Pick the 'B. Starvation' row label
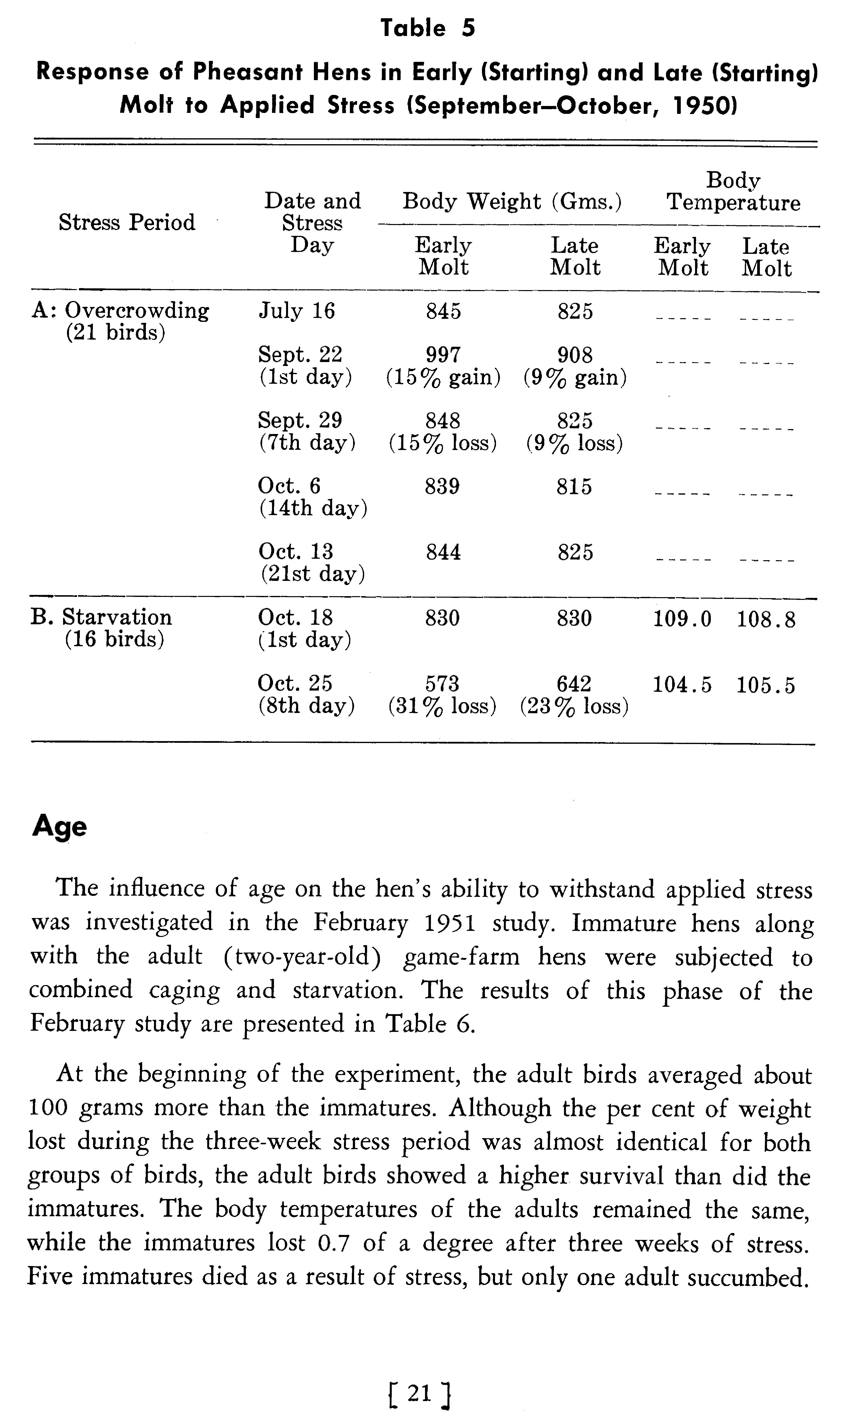click(101, 617)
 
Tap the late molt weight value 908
click(575, 355)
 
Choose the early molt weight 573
click(442, 684)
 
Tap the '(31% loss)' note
click(442, 706)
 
